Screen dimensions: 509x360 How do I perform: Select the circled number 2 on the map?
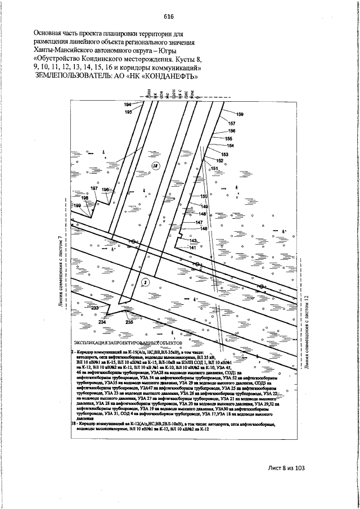(x=145, y=282)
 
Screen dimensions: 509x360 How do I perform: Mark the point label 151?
(x=214, y=168)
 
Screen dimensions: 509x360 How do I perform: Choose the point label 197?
(x=94, y=188)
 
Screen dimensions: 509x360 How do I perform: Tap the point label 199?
(x=78, y=206)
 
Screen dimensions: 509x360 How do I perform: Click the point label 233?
(x=94, y=308)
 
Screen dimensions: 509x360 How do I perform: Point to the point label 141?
(x=192, y=247)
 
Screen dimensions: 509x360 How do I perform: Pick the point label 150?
(x=204, y=196)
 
